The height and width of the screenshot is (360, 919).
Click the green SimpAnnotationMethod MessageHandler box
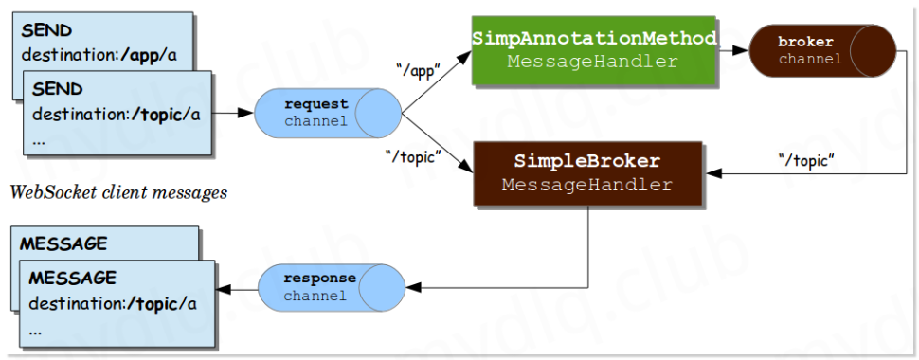click(593, 49)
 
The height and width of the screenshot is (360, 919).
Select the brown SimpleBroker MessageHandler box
click(587, 172)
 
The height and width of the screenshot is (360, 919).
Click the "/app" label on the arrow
click(418, 69)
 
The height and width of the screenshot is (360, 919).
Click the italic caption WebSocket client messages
click(118, 193)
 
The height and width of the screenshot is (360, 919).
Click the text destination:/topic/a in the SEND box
click(117, 114)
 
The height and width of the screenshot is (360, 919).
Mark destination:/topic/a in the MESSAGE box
click(112, 304)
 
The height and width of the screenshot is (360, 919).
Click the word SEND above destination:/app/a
click(45, 30)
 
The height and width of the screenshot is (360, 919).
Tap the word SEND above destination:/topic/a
click(58, 89)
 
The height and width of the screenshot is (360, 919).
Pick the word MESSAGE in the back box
click(63, 243)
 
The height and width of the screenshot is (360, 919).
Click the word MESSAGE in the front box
click(73, 279)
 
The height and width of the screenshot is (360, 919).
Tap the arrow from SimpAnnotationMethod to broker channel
click(731, 50)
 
